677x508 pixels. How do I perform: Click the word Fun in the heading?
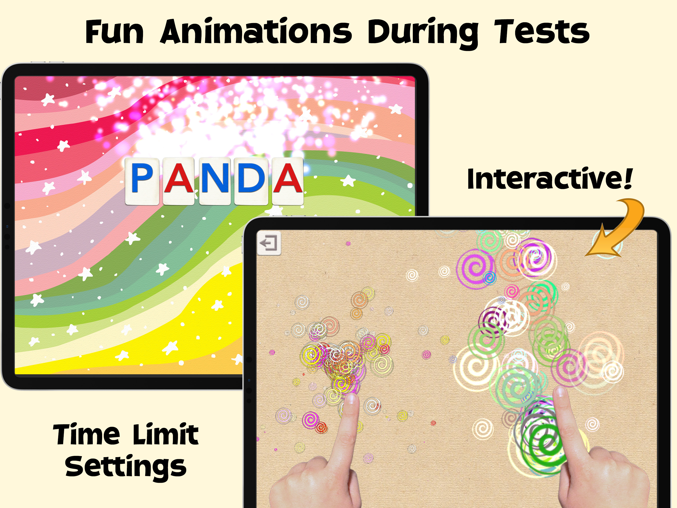tap(114, 32)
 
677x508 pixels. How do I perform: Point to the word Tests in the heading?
tap(542, 31)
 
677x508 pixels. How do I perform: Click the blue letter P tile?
tap(142, 181)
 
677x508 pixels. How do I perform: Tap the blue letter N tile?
tap(215, 181)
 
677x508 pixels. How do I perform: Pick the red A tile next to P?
tap(179, 181)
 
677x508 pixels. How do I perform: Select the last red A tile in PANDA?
tap(288, 181)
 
